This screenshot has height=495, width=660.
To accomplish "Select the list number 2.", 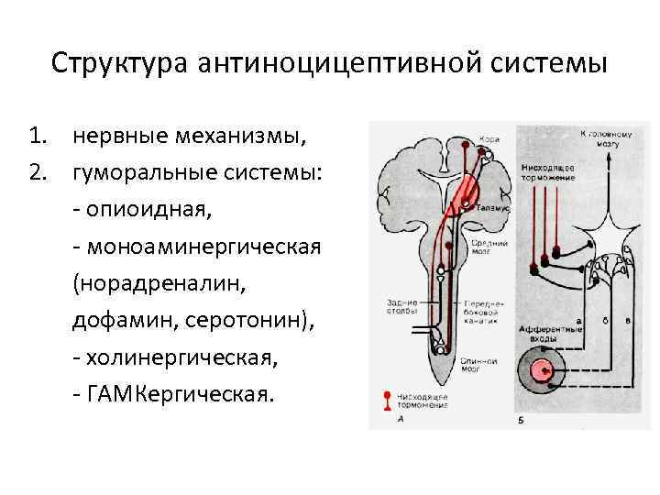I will [37, 172].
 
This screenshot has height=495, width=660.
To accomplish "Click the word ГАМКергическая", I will [180, 395].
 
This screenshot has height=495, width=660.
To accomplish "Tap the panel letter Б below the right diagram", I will [520, 421].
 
